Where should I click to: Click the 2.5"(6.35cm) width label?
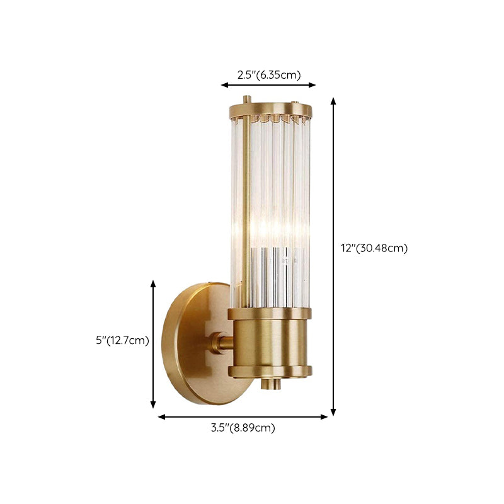268,75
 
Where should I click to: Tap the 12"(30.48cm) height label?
374,248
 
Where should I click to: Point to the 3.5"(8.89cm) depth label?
243,428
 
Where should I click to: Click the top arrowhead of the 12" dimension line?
334,100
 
